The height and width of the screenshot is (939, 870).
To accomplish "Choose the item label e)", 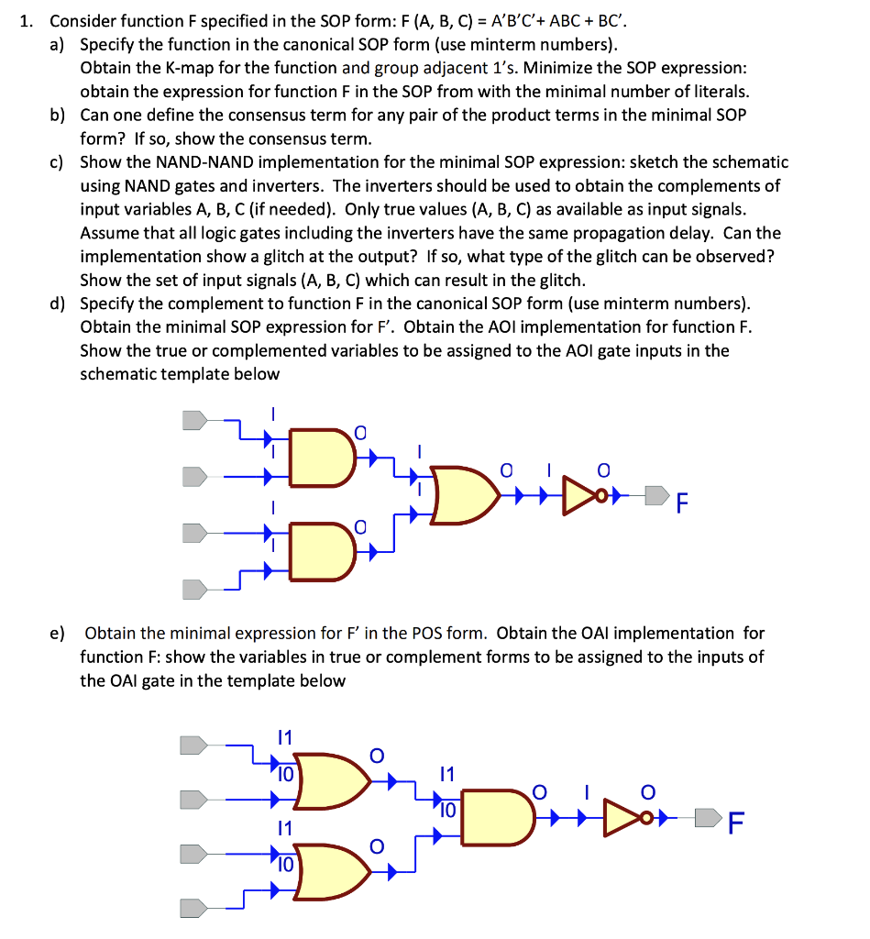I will pyautogui.click(x=58, y=633).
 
